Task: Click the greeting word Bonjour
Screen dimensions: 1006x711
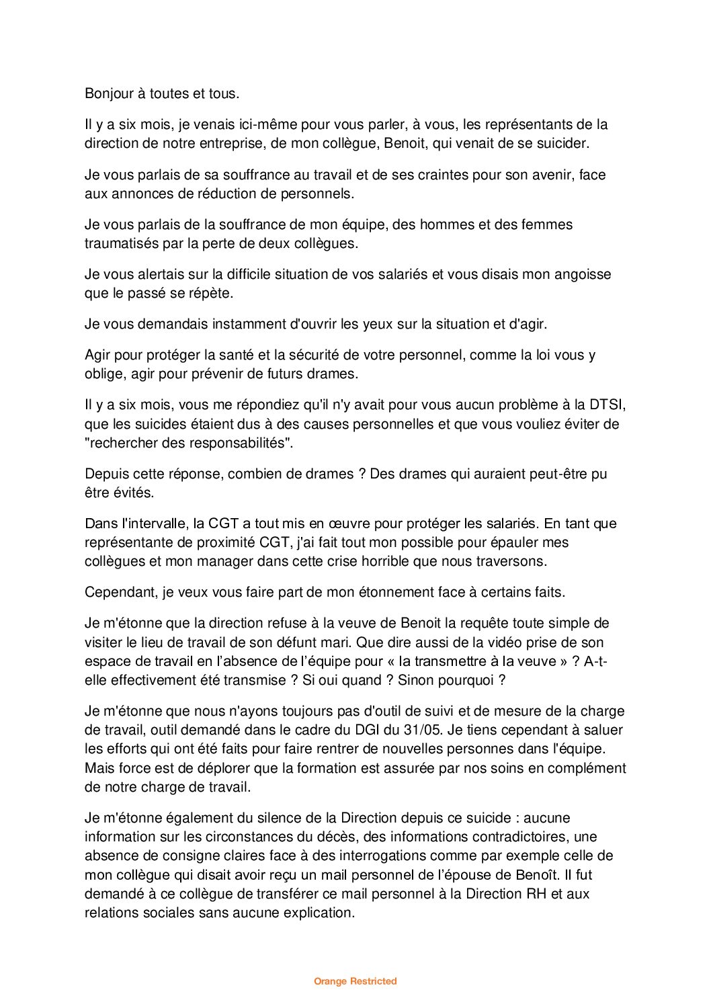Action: [x=109, y=93]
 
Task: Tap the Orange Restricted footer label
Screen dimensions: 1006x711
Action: [x=355, y=981]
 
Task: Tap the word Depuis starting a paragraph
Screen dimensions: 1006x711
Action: [x=105, y=474]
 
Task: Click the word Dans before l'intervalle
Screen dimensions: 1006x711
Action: [x=100, y=523]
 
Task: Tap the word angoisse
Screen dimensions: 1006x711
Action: [x=582, y=274]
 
